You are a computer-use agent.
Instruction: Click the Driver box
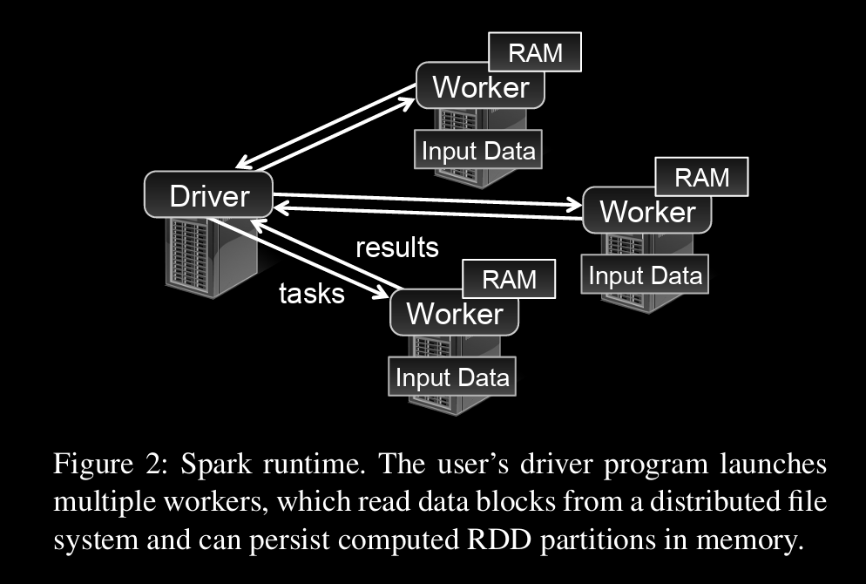tap(208, 195)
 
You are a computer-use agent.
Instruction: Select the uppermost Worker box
tap(479, 87)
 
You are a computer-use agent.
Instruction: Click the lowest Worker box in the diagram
tap(454, 313)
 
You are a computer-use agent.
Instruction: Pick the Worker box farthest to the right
tap(646, 212)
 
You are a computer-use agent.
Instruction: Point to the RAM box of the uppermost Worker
tap(534, 54)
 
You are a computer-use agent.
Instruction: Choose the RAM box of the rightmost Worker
tap(701, 177)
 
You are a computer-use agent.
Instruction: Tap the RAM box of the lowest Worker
tap(509, 279)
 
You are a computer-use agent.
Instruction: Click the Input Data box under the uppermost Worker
tap(477, 150)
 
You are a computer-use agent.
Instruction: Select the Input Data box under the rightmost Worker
tap(645, 275)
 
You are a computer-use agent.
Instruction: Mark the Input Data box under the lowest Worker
tap(452, 377)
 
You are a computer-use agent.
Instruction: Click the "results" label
tap(396, 247)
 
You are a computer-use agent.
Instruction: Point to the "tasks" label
tap(311, 293)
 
